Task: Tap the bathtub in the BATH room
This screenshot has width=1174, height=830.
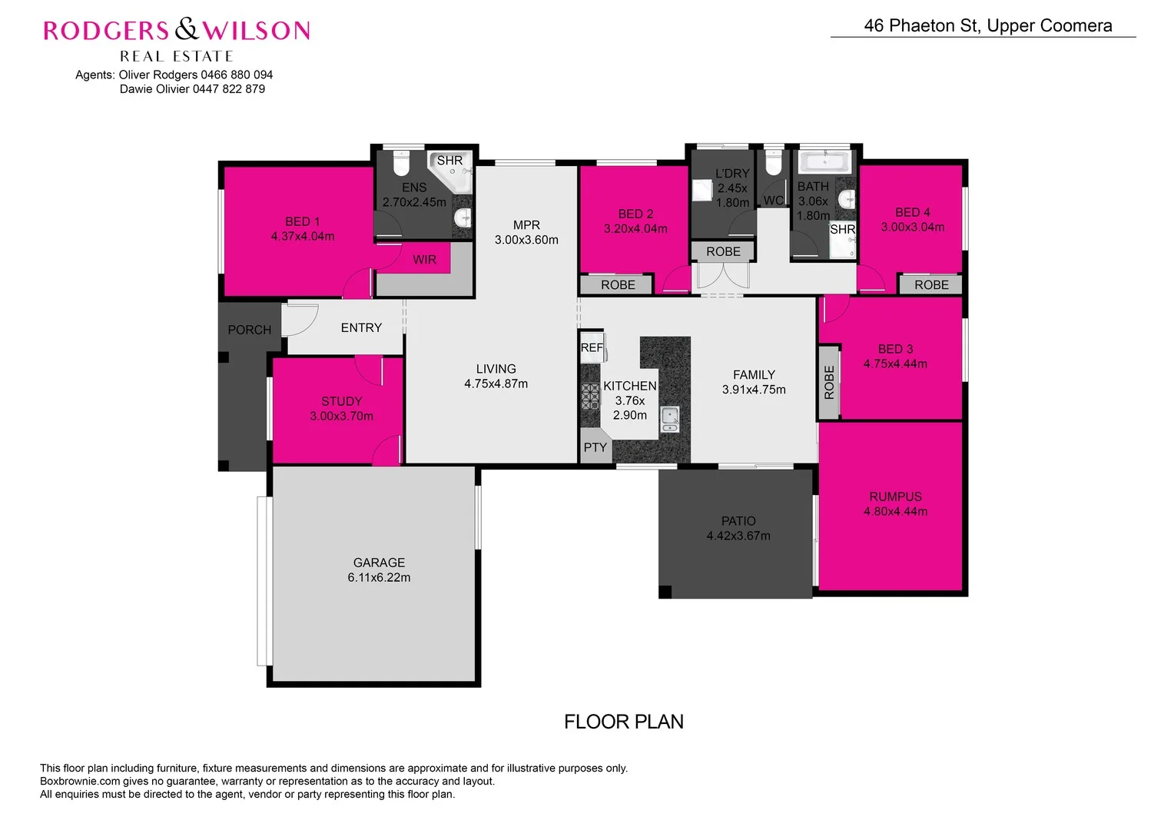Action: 824,161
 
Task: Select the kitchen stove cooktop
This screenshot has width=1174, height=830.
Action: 589,397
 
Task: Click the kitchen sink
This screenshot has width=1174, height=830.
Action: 669,418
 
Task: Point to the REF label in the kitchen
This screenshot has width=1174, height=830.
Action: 591,347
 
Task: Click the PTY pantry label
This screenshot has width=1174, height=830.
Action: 595,447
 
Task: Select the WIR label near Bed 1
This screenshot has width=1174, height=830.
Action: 424,260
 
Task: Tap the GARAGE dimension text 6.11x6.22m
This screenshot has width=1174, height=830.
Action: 379,578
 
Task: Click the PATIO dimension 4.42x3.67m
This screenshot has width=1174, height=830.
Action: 738,536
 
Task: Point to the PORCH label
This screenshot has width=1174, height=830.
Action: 249,330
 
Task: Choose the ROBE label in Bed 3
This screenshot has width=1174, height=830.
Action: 828,382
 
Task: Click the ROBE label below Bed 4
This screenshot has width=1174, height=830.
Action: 931,285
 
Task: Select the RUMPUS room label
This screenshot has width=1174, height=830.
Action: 895,496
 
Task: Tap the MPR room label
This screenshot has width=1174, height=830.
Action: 526,225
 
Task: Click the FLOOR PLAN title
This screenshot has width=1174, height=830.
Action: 623,722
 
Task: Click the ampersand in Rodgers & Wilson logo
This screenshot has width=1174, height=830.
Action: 186,30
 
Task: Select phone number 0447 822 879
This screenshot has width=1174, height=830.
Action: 228,88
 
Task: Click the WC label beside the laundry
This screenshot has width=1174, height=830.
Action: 773,201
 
